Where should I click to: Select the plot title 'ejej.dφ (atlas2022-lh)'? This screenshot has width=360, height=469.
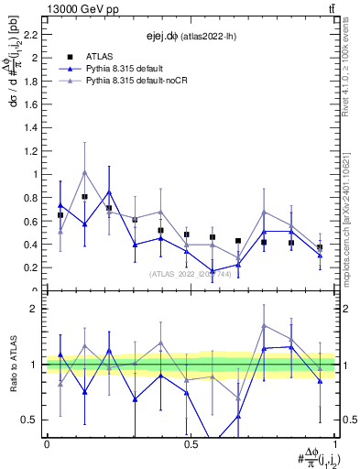coord(191,36)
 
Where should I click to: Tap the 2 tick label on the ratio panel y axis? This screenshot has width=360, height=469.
coord(36,309)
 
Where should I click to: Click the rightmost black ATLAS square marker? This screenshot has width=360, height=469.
coord(320,247)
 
